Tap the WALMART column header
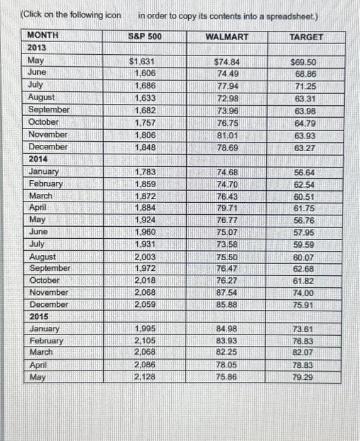click(x=227, y=37)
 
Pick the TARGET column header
click(x=306, y=37)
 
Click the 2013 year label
click(x=37, y=48)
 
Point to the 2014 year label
click(x=37, y=159)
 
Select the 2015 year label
click(x=38, y=316)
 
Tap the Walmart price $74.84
click(x=227, y=62)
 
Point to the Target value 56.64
click(x=304, y=171)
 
